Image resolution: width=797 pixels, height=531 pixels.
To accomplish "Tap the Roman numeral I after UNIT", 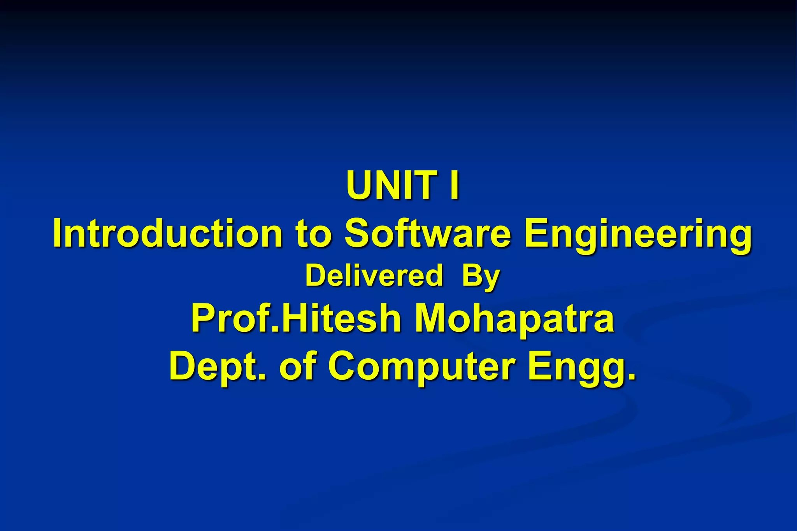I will pos(454,185).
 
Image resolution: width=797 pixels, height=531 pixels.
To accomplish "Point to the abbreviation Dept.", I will pos(218,366).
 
